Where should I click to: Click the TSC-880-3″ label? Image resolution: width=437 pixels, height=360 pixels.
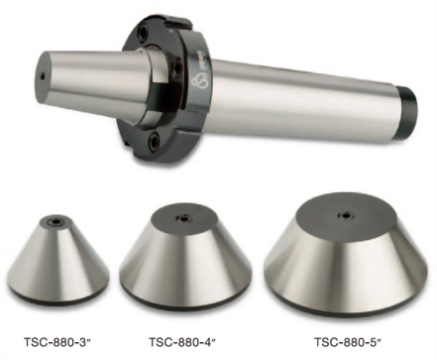tap(57, 342)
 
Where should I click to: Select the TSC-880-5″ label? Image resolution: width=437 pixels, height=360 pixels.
tap(347, 342)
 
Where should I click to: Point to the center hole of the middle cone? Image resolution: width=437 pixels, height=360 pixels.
tap(183, 218)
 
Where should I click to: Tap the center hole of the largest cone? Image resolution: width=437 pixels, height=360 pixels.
tap(346, 215)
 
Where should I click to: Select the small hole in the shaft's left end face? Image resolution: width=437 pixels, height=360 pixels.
tap(42, 77)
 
